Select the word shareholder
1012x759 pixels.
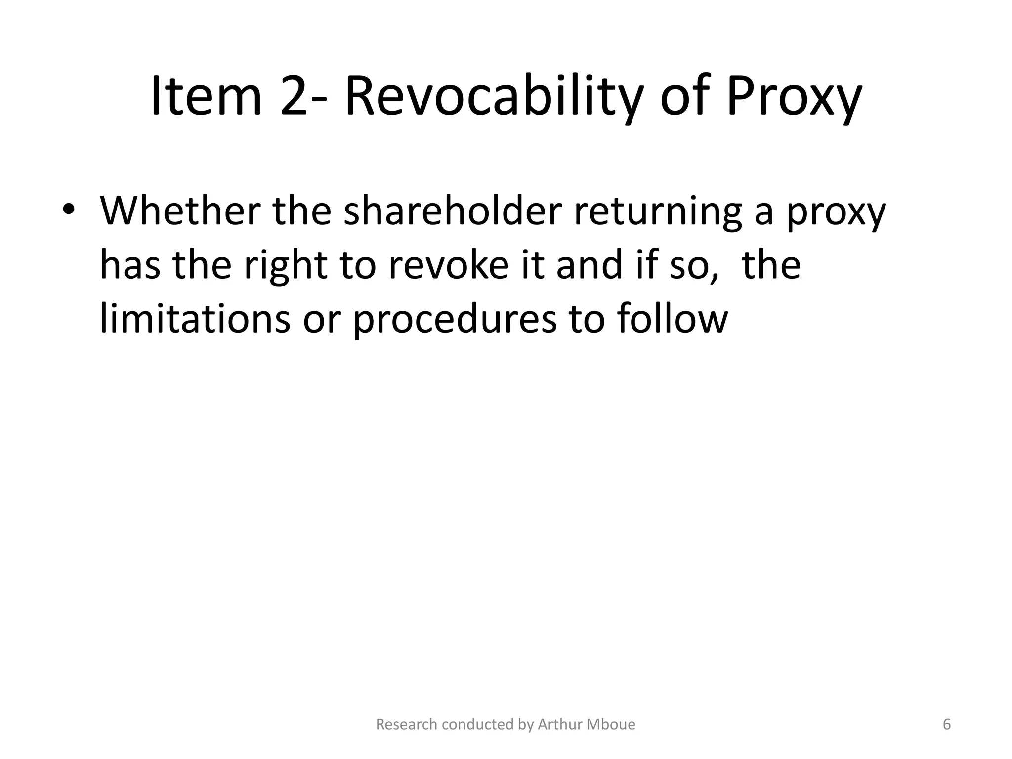[453, 211]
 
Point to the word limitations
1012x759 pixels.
[195, 319]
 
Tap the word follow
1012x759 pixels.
[672, 319]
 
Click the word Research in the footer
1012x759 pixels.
[407, 725]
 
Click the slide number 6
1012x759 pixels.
[947, 725]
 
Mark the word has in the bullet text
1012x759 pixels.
[130, 265]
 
